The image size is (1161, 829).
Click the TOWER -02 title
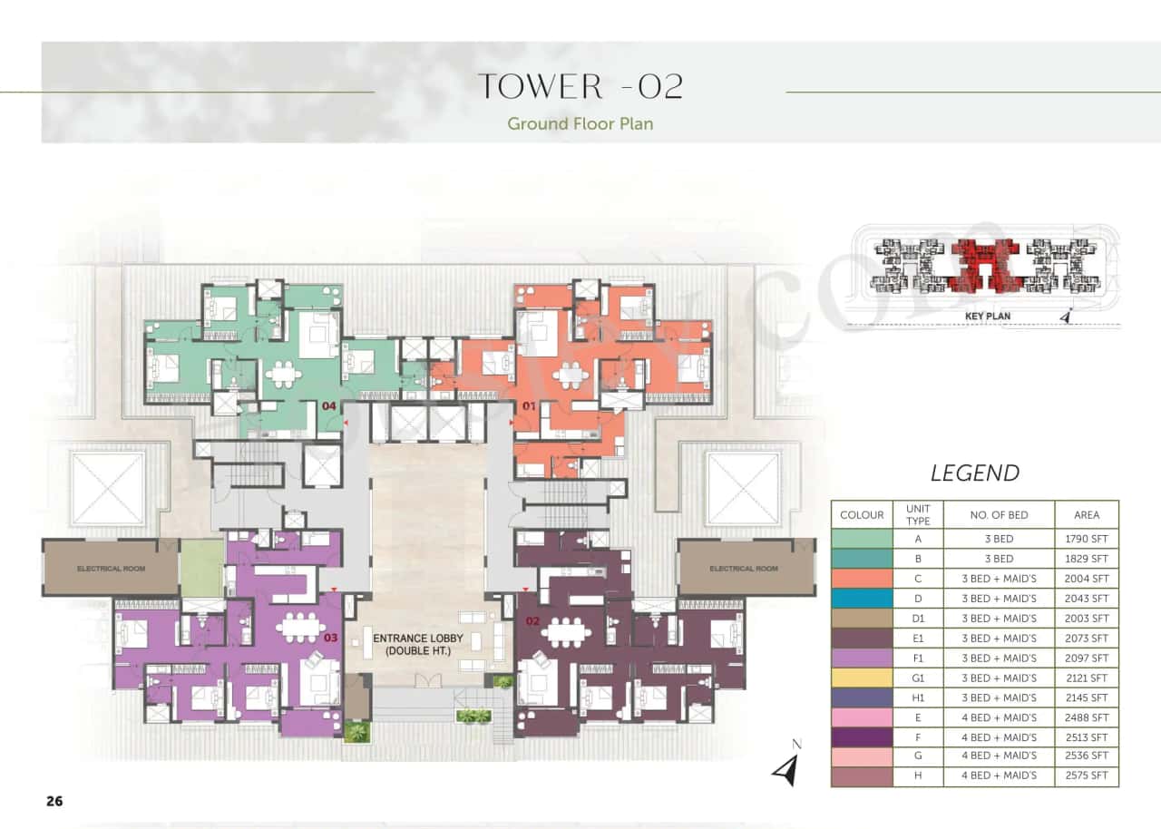click(x=580, y=86)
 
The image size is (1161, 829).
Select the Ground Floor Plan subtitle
click(x=580, y=123)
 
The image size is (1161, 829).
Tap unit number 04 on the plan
click(x=330, y=406)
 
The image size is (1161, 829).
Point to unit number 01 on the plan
click(x=524, y=406)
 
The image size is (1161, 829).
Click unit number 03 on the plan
click(x=330, y=638)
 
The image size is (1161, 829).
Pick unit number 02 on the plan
click(x=532, y=621)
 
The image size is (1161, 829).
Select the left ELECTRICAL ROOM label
click(x=110, y=569)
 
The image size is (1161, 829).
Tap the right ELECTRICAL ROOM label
click(x=744, y=569)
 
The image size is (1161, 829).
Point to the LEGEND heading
click(x=975, y=473)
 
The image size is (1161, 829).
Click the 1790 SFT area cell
click(x=1087, y=539)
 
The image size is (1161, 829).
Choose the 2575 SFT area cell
click(x=1087, y=776)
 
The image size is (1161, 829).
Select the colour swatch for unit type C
click(x=862, y=579)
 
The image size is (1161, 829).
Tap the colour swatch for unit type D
click(x=862, y=599)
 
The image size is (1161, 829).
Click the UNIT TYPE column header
click(x=918, y=514)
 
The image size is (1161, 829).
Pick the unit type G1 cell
click(x=918, y=678)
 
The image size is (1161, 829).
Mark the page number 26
click(x=54, y=801)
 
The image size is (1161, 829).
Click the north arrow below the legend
click(x=786, y=767)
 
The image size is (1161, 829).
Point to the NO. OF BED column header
click(x=999, y=514)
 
